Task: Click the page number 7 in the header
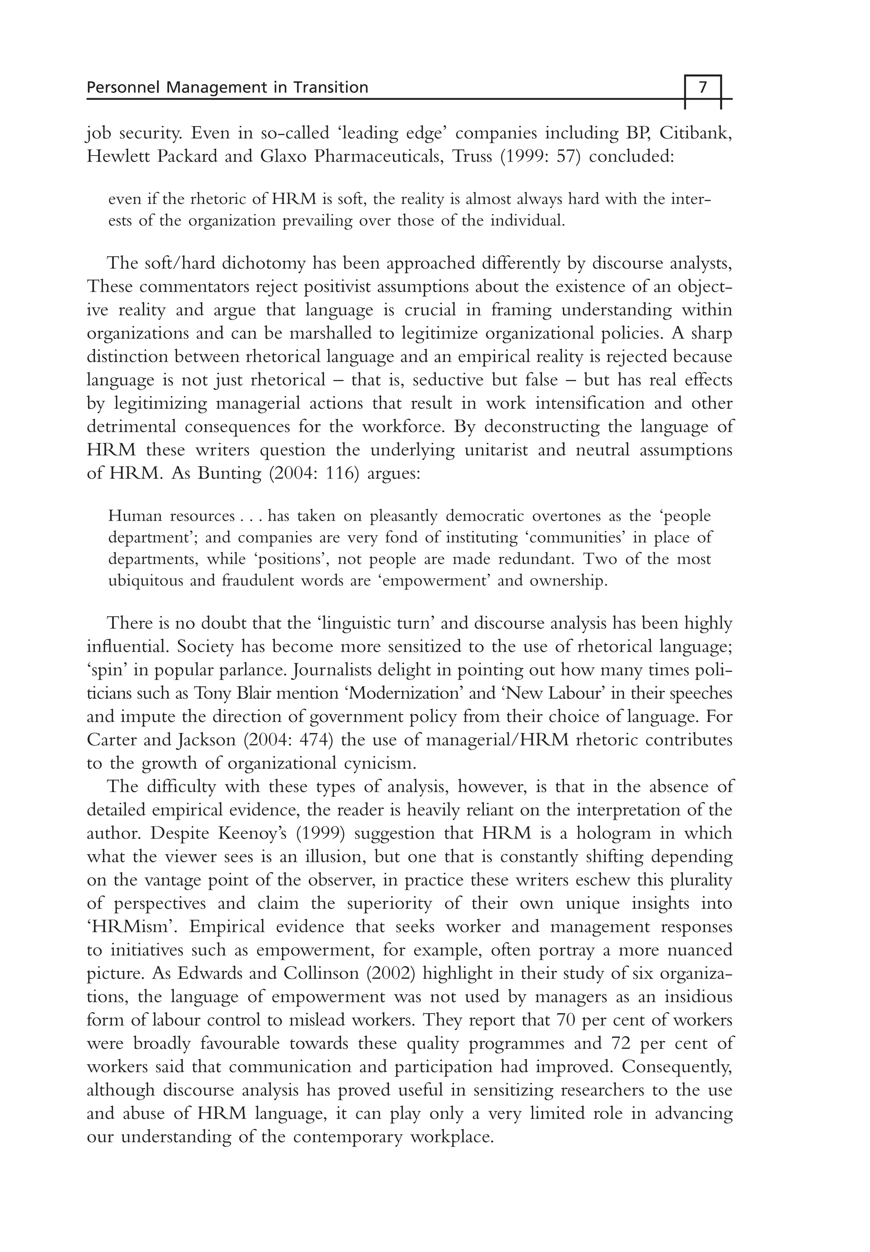tap(703, 87)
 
